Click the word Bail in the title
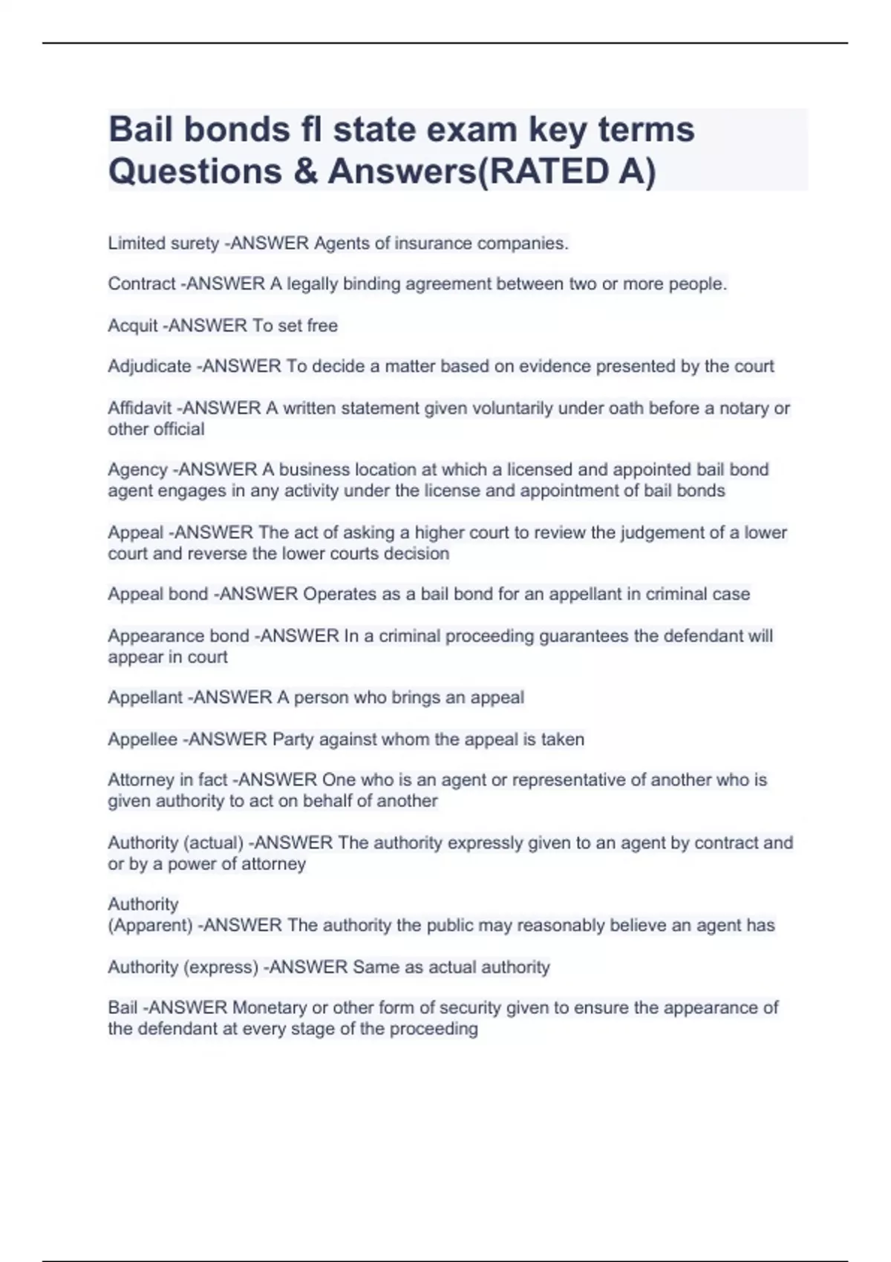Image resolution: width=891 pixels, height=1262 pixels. [x=140, y=130]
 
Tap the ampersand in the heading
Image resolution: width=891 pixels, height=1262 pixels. [x=305, y=171]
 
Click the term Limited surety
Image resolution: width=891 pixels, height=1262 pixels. [x=163, y=243]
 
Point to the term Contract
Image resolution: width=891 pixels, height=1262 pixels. [x=142, y=284]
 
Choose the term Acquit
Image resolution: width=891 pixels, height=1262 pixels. [x=133, y=326]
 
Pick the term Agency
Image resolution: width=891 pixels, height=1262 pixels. [x=137, y=470]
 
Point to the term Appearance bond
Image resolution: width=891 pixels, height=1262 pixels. [x=178, y=636]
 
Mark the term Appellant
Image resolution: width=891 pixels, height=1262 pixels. [x=145, y=698]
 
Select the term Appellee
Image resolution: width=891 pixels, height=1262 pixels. [x=143, y=739]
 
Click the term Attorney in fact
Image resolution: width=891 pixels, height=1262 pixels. [x=168, y=780]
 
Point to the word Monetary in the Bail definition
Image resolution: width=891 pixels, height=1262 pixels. [x=270, y=1008]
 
